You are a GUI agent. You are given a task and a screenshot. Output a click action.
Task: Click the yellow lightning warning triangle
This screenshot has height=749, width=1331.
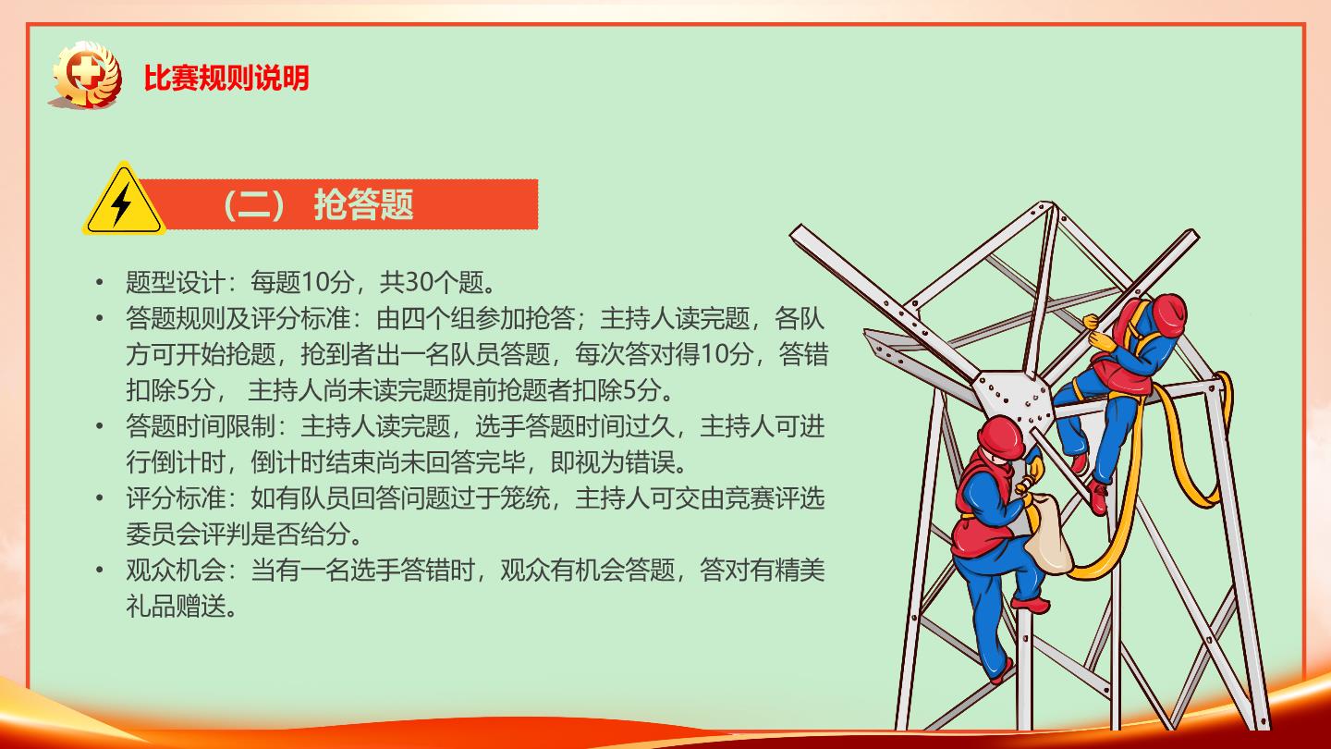124,200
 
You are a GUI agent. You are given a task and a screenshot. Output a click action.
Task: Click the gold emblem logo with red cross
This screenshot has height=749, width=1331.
87,75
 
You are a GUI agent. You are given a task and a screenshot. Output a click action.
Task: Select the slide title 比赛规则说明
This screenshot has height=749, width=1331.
226,78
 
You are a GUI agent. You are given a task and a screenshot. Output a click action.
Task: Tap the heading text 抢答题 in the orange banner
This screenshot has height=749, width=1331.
363,204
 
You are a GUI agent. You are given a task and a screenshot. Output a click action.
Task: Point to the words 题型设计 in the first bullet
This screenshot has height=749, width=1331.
176,282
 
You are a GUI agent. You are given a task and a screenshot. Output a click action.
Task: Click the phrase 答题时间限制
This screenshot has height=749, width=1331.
201,426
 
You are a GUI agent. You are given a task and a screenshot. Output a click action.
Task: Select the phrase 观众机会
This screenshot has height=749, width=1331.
176,570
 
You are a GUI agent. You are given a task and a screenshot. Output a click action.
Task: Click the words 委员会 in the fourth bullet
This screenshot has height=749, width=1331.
163,534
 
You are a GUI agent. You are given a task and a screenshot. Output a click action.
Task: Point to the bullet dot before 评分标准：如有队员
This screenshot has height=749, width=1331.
99,498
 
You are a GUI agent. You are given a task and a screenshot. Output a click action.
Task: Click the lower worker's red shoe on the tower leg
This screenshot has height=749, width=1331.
1031,605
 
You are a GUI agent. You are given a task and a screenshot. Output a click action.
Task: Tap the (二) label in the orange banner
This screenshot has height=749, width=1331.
253,204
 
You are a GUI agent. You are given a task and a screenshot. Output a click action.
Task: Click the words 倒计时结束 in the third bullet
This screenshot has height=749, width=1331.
312,462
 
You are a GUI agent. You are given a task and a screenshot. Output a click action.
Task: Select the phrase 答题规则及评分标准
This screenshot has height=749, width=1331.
238,319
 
